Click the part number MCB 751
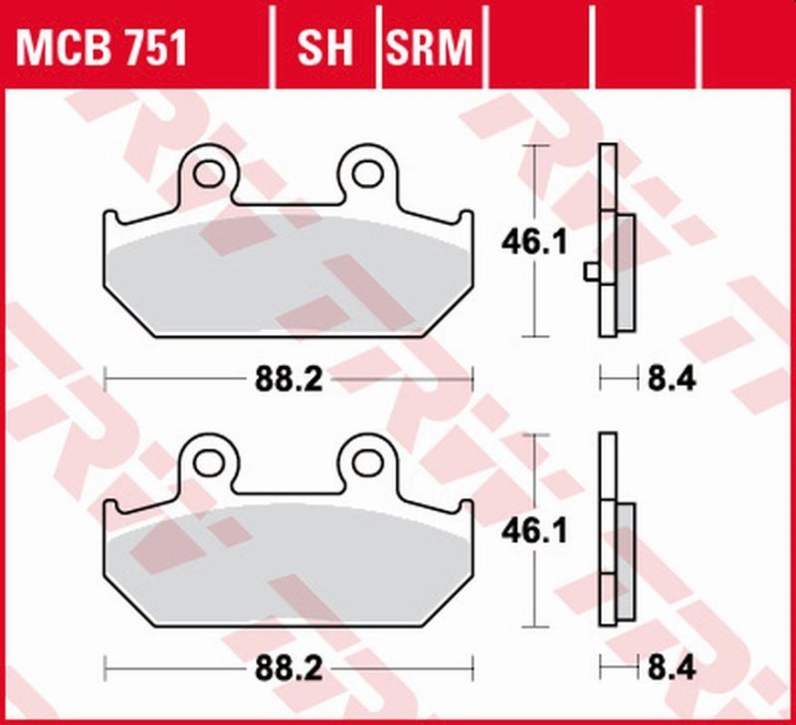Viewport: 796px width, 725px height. tap(99, 47)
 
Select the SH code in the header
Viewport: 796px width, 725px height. tap(324, 47)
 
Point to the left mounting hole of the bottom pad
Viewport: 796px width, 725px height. tap(208, 461)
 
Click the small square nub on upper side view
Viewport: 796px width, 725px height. tap(592, 271)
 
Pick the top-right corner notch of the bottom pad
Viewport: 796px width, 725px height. tap(465, 505)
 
